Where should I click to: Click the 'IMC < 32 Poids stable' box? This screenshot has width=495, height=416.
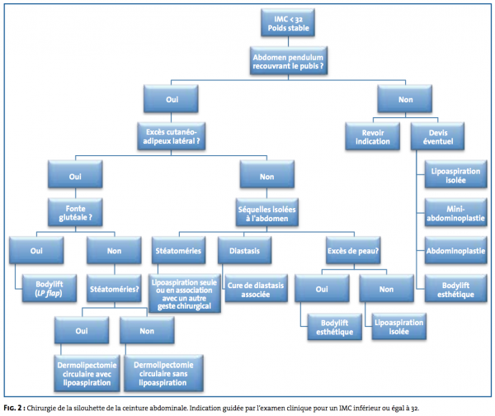(288, 23)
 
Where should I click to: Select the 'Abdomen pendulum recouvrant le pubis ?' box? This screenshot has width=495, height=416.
(288, 61)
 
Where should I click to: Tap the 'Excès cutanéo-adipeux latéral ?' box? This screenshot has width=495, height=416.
(171, 136)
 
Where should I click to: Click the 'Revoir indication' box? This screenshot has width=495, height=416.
(373, 136)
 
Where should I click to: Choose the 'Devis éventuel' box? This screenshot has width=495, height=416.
(437, 136)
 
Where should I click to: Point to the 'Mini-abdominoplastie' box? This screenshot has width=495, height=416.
(455, 213)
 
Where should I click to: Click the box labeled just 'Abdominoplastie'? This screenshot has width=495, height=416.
(455, 250)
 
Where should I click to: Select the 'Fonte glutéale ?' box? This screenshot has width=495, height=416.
(75, 212)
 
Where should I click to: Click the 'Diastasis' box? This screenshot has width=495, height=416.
(244, 250)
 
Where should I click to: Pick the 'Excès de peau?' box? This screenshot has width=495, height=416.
(353, 250)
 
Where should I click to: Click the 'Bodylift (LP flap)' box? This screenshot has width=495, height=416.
(49, 288)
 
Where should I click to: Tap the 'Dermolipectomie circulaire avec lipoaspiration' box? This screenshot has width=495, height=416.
(87, 374)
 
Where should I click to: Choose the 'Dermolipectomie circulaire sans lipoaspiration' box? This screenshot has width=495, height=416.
(163, 374)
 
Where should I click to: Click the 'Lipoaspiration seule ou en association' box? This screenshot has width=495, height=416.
(184, 294)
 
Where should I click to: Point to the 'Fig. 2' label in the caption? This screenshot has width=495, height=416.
(12, 408)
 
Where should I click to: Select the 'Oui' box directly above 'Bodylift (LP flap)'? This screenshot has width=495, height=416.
(36, 250)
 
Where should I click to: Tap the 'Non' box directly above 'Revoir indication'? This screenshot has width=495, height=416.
(405, 99)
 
